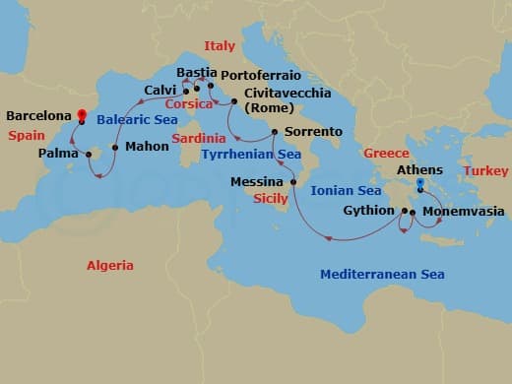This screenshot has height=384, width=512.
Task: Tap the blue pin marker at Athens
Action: [x=419, y=184]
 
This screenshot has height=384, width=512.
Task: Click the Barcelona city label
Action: [x=38, y=115]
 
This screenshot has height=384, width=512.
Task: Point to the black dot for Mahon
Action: [x=115, y=148]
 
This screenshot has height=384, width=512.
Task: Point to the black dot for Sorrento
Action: [x=274, y=131]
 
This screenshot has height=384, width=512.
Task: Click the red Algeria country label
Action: [x=109, y=266]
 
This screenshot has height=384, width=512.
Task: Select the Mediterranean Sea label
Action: [x=381, y=274]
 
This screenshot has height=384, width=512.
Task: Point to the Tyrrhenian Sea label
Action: [x=250, y=155]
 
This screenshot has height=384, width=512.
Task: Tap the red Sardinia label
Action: [x=199, y=139]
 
